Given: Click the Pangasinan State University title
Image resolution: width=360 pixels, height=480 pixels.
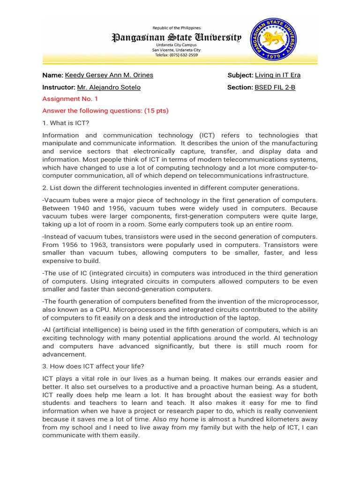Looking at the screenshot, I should coord(176,37).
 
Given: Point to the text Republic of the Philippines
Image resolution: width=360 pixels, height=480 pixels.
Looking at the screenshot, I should coord(176,28).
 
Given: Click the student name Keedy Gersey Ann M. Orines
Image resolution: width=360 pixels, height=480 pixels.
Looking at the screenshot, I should coord(109,75).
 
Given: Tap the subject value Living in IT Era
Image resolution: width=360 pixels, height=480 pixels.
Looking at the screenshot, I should coord(277,75).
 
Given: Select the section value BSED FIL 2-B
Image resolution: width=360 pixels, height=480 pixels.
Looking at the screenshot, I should coord(275,87).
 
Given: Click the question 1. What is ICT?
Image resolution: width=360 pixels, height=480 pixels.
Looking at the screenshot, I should coord(66,123).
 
